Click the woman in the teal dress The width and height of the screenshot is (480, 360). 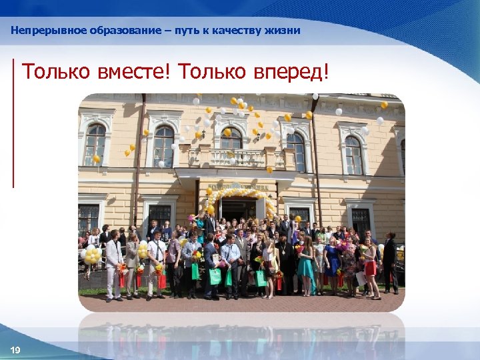coord(306,263)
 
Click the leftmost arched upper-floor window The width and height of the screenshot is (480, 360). coord(95,144)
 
